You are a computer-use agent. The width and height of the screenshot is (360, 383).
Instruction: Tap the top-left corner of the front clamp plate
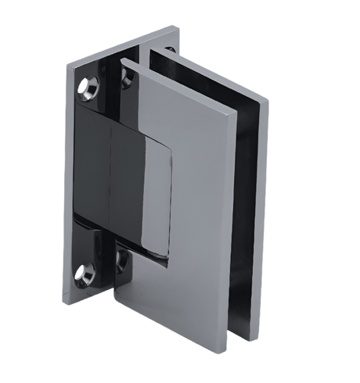(121, 60)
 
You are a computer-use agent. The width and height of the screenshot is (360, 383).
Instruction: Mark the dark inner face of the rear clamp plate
(250, 234)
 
